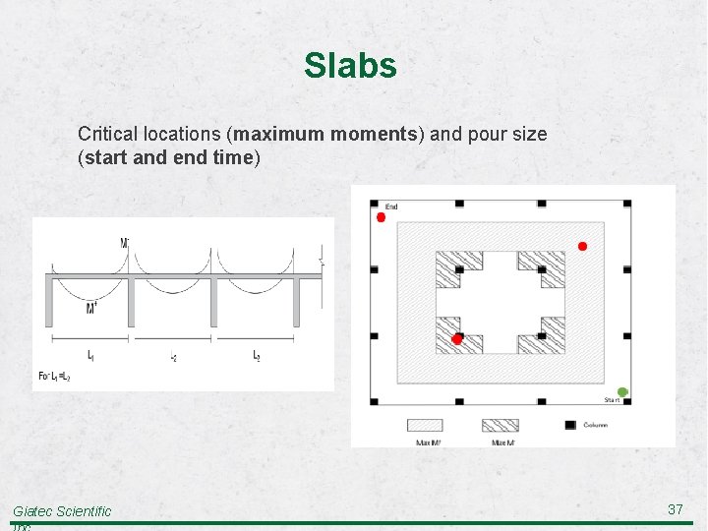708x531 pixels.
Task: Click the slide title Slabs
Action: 350,66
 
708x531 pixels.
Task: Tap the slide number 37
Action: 675,508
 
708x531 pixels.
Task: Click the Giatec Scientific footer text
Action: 62,511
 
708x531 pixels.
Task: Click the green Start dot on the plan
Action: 622,392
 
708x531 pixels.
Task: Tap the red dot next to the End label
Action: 382,217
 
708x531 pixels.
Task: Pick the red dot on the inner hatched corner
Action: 457,338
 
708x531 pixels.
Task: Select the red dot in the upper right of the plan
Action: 582,246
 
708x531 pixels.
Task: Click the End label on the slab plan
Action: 391,206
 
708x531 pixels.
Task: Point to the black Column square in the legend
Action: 569,425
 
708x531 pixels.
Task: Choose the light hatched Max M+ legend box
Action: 425,425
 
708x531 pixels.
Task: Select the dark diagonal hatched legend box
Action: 500,425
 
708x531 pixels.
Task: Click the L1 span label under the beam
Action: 90,354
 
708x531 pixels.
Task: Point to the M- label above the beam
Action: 125,242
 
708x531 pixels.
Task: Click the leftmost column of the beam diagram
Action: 50,300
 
